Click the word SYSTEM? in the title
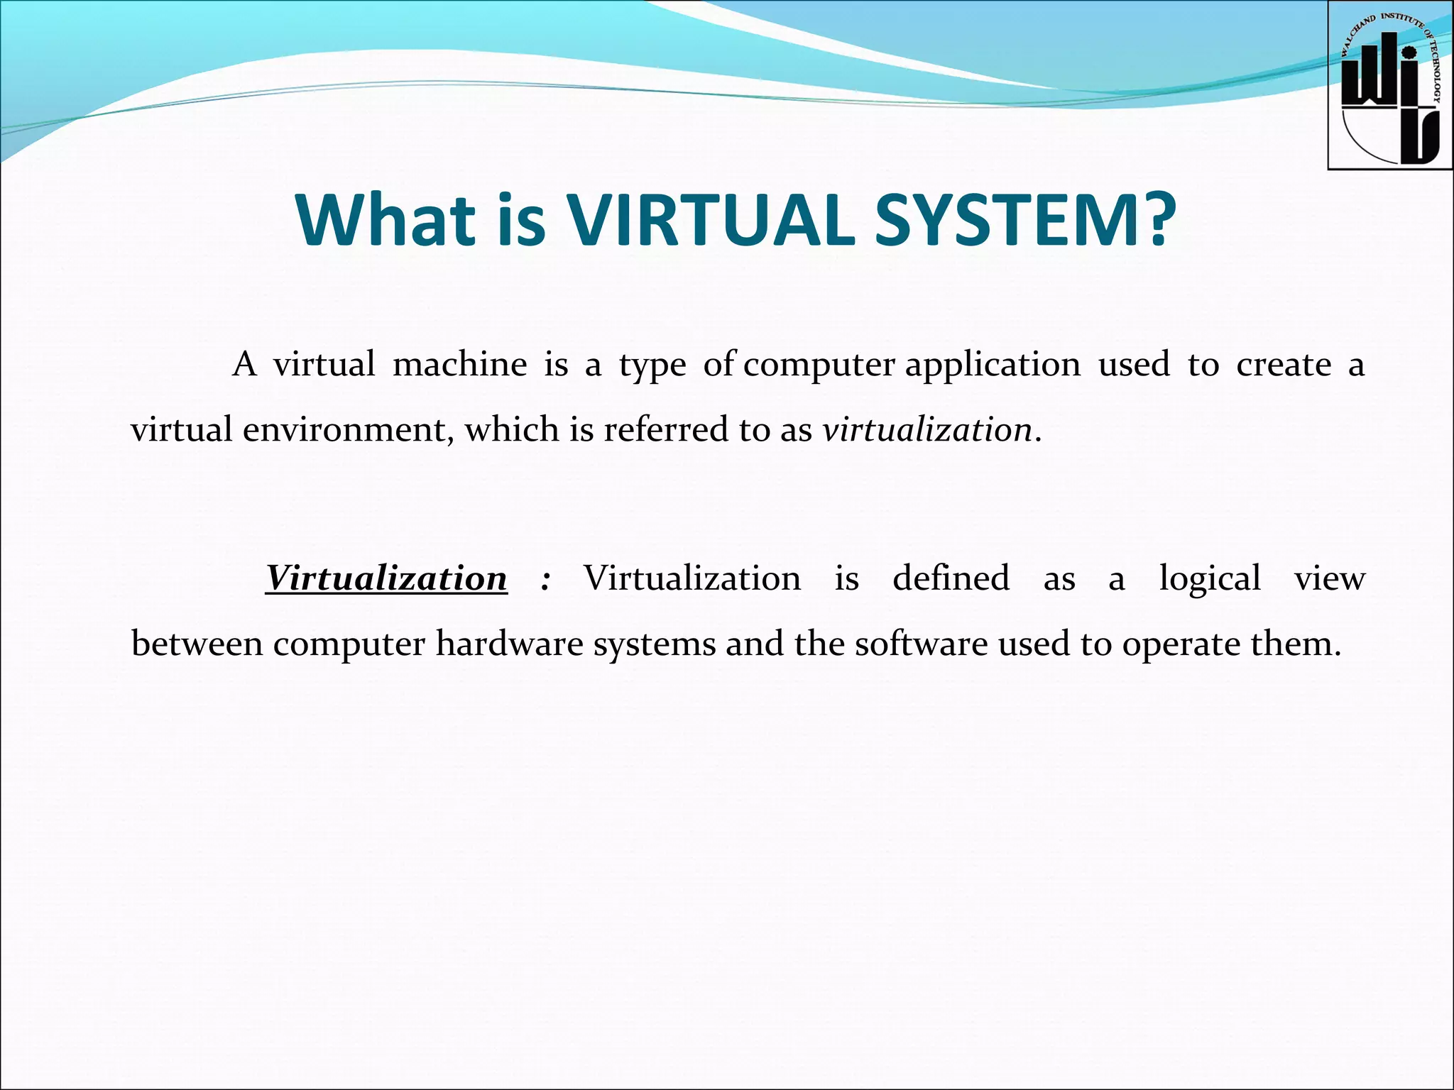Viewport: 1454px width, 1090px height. [x=1024, y=220]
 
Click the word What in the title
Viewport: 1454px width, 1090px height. [x=386, y=220]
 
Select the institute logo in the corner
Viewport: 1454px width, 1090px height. [x=1389, y=85]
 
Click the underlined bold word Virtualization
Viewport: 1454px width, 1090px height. [x=386, y=578]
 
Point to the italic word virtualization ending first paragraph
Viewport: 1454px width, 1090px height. [x=927, y=430]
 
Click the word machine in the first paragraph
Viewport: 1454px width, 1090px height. [x=459, y=365]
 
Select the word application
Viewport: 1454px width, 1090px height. [x=993, y=365]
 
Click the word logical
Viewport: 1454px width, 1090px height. [x=1210, y=578]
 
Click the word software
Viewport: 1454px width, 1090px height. [x=921, y=644]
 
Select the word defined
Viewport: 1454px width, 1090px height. [x=951, y=578]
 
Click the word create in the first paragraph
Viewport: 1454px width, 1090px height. [x=1284, y=365]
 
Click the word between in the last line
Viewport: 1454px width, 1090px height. [x=197, y=644]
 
